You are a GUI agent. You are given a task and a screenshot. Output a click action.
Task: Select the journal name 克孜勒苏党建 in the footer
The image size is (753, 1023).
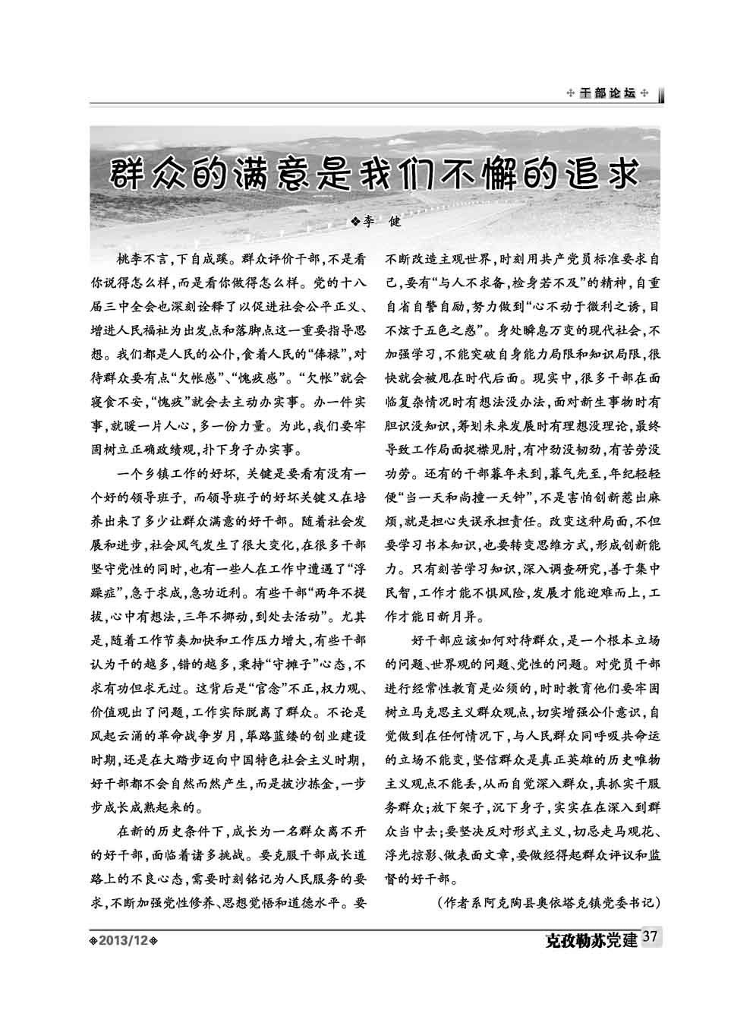(591, 940)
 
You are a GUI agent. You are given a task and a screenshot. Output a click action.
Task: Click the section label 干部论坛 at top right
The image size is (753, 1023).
(607, 93)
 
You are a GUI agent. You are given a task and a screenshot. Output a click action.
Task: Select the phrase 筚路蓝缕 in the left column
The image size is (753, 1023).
(266, 736)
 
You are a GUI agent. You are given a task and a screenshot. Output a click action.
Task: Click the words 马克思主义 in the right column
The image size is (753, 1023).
(442, 712)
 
